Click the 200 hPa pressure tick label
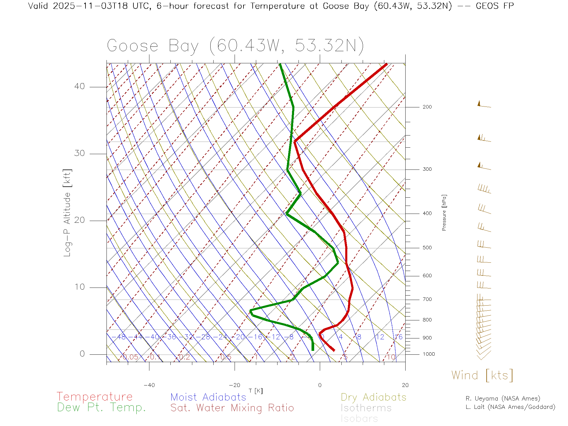[427, 107]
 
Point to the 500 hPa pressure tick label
[427, 248]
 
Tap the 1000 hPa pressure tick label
[429, 354]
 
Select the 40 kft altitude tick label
[79, 86]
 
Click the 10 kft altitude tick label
[79, 287]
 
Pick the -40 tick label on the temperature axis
[149, 385]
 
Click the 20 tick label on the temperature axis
[405, 385]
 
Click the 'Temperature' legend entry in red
[94, 397]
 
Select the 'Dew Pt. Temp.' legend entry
[101, 408]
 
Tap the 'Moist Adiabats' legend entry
[208, 397]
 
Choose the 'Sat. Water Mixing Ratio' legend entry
[232, 408]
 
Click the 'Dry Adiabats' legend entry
[373, 397]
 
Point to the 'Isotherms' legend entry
[366, 408]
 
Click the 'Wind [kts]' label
[482, 375]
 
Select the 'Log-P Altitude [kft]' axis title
[67, 213]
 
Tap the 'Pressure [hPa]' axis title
[444, 212]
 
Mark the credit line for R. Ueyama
[503, 398]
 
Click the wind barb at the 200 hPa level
[484, 105]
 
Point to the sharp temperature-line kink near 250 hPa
[295, 141]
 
